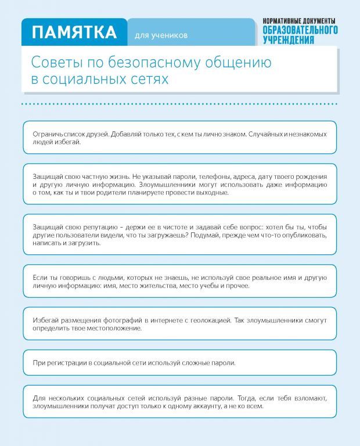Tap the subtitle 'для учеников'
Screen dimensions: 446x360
coord(161,35)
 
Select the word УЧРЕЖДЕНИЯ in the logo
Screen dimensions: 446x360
coord(289,40)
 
